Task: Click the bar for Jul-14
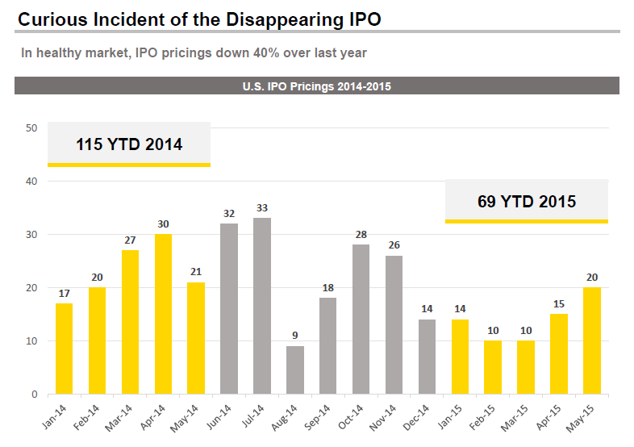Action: click(x=262, y=306)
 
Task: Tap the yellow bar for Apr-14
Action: click(x=163, y=314)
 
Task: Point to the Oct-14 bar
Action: click(x=361, y=319)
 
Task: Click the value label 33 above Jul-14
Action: click(x=262, y=208)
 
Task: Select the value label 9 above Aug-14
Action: click(x=295, y=336)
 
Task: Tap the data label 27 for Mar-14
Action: click(x=130, y=240)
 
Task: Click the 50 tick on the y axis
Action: click(x=31, y=127)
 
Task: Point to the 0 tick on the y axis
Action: click(x=34, y=394)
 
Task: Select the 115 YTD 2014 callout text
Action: click(x=129, y=144)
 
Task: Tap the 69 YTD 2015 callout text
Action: click(x=527, y=201)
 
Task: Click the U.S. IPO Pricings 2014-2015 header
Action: click(x=317, y=86)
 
